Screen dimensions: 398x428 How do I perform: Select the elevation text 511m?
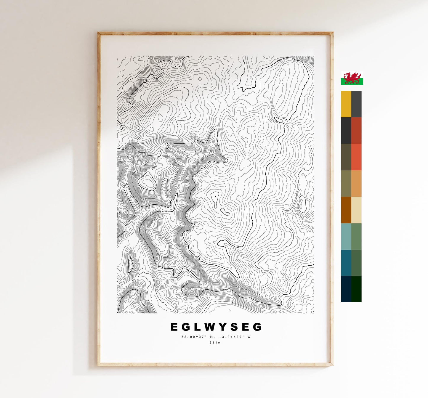[216, 343]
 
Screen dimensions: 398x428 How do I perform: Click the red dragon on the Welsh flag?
[352, 78]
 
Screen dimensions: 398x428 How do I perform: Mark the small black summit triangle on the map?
[215, 196]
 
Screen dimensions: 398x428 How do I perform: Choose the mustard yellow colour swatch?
[346, 104]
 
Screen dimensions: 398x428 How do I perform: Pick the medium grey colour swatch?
[356, 104]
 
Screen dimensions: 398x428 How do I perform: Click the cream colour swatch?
[356, 210]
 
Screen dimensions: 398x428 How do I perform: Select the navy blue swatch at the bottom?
[346, 289]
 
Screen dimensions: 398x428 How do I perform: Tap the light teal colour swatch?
[346, 236]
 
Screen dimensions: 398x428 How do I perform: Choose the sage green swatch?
[356, 236]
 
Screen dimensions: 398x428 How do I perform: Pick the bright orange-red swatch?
[356, 157]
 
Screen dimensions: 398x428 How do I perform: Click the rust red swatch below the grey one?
[356, 130]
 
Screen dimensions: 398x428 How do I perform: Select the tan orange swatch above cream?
[356, 183]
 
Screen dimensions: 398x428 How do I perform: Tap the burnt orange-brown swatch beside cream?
[346, 210]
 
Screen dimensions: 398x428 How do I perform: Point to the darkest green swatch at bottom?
[356, 289]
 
